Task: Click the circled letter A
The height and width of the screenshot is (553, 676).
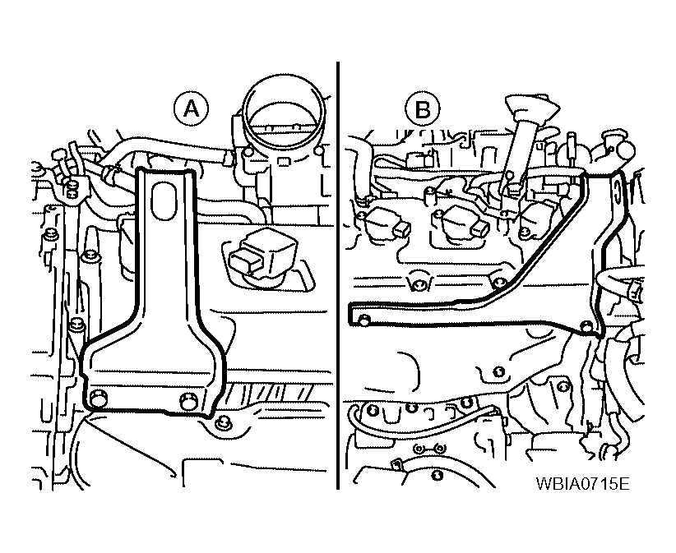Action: (x=191, y=109)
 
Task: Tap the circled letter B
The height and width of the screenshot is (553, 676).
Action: (x=422, y=109)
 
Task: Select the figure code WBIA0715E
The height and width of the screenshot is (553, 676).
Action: (x=582, y=483)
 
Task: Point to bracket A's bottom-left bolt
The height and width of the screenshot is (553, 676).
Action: (x=99, y=399)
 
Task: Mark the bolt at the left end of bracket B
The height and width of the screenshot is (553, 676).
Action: (x=363, y=320)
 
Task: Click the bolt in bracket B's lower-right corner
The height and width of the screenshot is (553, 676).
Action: (x=586, y=326)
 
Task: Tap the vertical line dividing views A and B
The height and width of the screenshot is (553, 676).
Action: (x=338, y=275)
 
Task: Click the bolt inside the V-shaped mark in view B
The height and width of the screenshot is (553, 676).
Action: (x=419, y=284)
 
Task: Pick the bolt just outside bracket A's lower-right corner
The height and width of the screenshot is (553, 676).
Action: (x=223, y=423)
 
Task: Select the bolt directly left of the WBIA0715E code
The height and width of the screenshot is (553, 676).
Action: (x=438, y=476)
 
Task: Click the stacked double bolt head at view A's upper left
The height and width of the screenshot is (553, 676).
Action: (x=72, y=190)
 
